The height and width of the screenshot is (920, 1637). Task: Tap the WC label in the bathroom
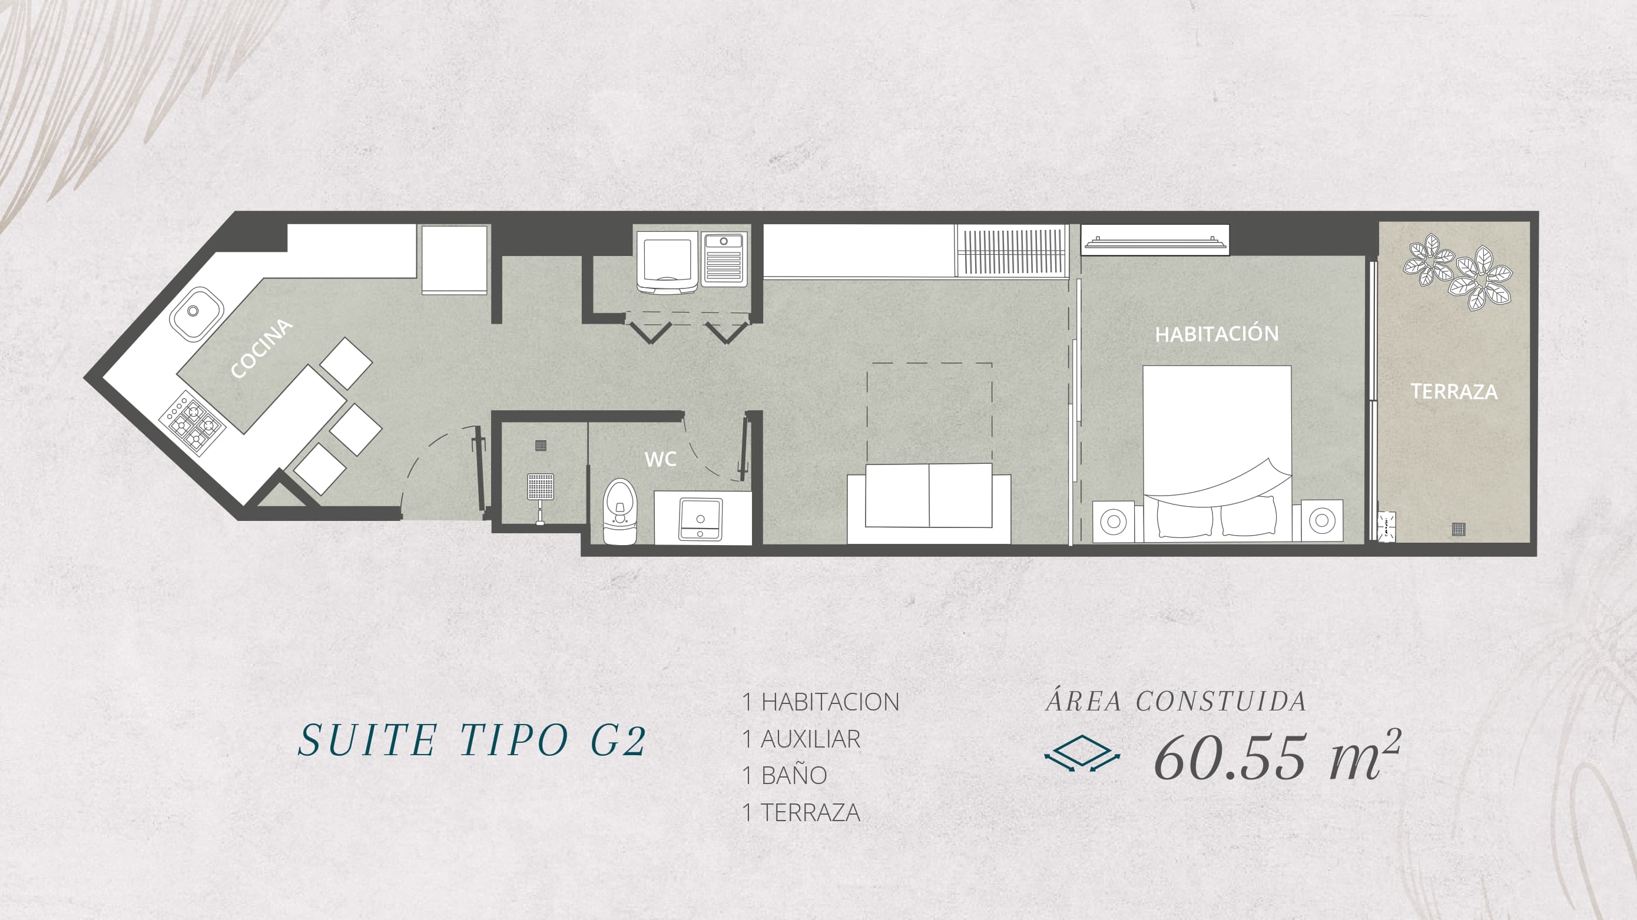pyautogui.click(x=660, y=459)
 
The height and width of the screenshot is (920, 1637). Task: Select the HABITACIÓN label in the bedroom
pyautogui.click(x=1217, y=334)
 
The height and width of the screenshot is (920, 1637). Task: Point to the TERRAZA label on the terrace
pyautogui.click(x=1454, y=391)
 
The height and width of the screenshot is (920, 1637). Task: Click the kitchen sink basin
pyautogui.click(x=195, y=312)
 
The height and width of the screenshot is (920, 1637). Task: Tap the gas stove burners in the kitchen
pyautogui.click(x=193, y=423)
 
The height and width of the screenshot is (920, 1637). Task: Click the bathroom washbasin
pyautogui.click(x=700, y=519)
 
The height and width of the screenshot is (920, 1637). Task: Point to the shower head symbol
pyautogui.click(x=540, y=488)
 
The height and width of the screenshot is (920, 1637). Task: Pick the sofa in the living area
pyautogui.click(x=929, y=503)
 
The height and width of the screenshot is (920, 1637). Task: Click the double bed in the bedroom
pyautogui.click(x=1217, y=454)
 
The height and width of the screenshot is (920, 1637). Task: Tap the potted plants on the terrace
pyautogui.click(x=1457, y=271)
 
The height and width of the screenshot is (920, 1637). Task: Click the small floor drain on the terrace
pyautogui.click(x=1459, y=529)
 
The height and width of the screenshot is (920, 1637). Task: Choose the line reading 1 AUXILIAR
pyautogui.click(x=801, y=739)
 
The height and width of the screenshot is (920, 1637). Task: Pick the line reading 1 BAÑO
pyautogui.click(x=785, y=775)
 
